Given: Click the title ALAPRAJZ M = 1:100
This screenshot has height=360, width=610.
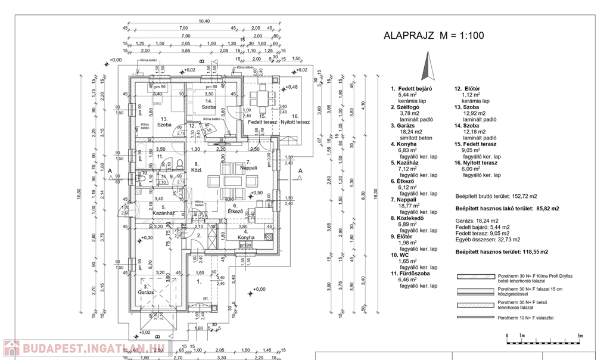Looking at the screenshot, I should click(x=434, y=36).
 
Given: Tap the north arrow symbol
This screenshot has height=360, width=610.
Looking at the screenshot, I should click(x=427, y=64).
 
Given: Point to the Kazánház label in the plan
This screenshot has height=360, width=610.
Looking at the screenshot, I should click(x=163, y=212).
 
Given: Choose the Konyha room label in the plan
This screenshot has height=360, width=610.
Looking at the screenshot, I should click(x=245, y=237).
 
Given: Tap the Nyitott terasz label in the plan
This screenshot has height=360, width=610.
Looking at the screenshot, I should click(x=295, y=122).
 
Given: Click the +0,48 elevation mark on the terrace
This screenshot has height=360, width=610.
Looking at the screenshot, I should click(x=291, y=87).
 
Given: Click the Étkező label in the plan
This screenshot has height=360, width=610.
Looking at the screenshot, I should click(x=235, y=211).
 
